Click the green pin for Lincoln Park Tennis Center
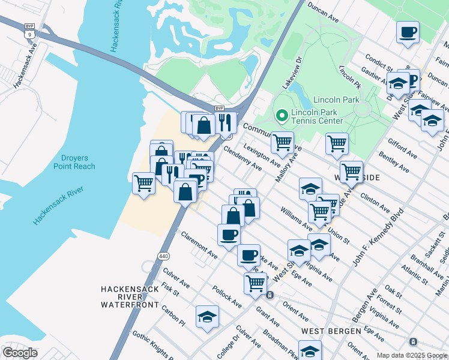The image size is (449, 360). [x=280, y=114]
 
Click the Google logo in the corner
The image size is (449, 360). [x=19, y=353]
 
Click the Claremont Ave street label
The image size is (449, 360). [x=199, y=245]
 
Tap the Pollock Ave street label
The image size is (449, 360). [x=227, y=296]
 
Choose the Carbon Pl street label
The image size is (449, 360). [x=173, y=316]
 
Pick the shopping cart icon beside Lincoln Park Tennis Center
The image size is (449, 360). [x=282, y=142]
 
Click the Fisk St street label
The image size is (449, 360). [x=171, y=290]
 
